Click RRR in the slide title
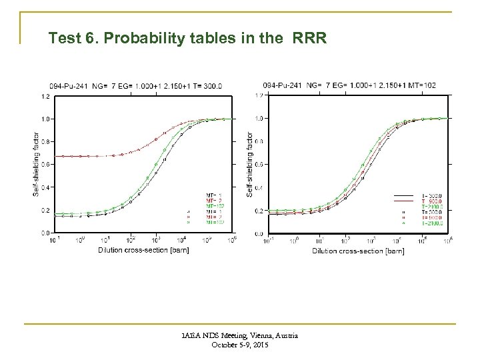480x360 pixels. pos(309,39)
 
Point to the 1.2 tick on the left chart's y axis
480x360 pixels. pos(45,96)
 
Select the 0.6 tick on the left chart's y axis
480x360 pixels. pos(45,164)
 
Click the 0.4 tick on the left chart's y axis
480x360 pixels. pos(45,187)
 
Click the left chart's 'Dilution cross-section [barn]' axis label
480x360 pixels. pos(143,251)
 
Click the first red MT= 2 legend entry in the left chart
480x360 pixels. pos(215,200)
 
